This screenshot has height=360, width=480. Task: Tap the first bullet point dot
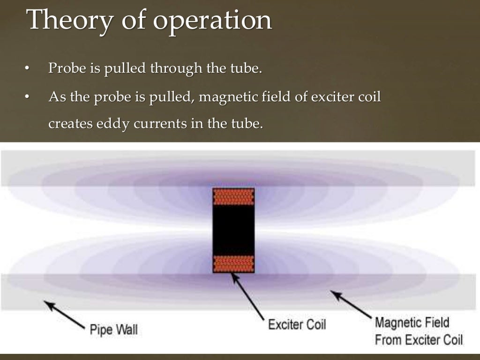tap(27, 70)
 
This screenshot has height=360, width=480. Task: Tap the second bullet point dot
tap(27, 98)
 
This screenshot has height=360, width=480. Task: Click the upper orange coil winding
tap(233, 196)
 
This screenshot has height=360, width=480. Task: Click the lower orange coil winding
tap(233, 264)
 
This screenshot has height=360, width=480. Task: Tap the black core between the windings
tap(233, 230)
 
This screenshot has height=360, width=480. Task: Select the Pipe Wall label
tap(114, 330)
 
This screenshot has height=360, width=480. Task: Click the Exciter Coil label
tap(297, 324)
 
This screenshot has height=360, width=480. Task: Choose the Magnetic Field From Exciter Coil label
tap(419, 331)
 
